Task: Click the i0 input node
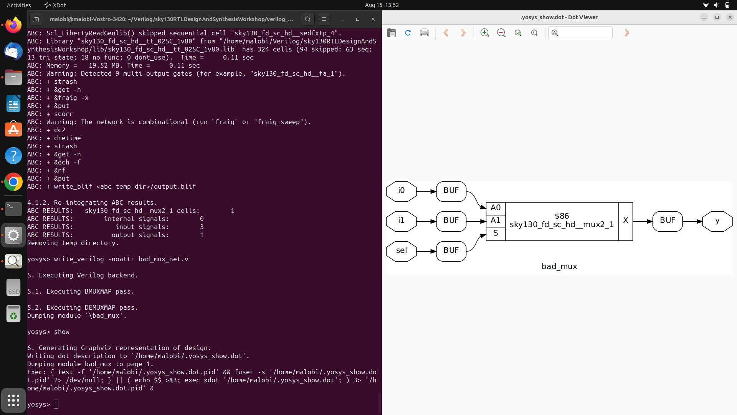401,191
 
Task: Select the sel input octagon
401,251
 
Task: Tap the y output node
717,221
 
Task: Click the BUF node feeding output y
667,221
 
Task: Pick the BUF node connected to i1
451,221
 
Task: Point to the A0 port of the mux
496,208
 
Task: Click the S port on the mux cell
496,233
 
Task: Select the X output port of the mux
625,221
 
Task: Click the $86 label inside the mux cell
562,216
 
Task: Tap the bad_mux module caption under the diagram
559,267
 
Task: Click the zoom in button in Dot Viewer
485,33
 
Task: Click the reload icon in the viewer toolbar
408,33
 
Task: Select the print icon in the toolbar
425,33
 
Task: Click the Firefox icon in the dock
13,25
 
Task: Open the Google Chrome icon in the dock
13,182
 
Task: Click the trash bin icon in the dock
13,314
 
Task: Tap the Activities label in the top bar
19,5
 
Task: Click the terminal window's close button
373,19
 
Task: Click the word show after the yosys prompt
62,332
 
